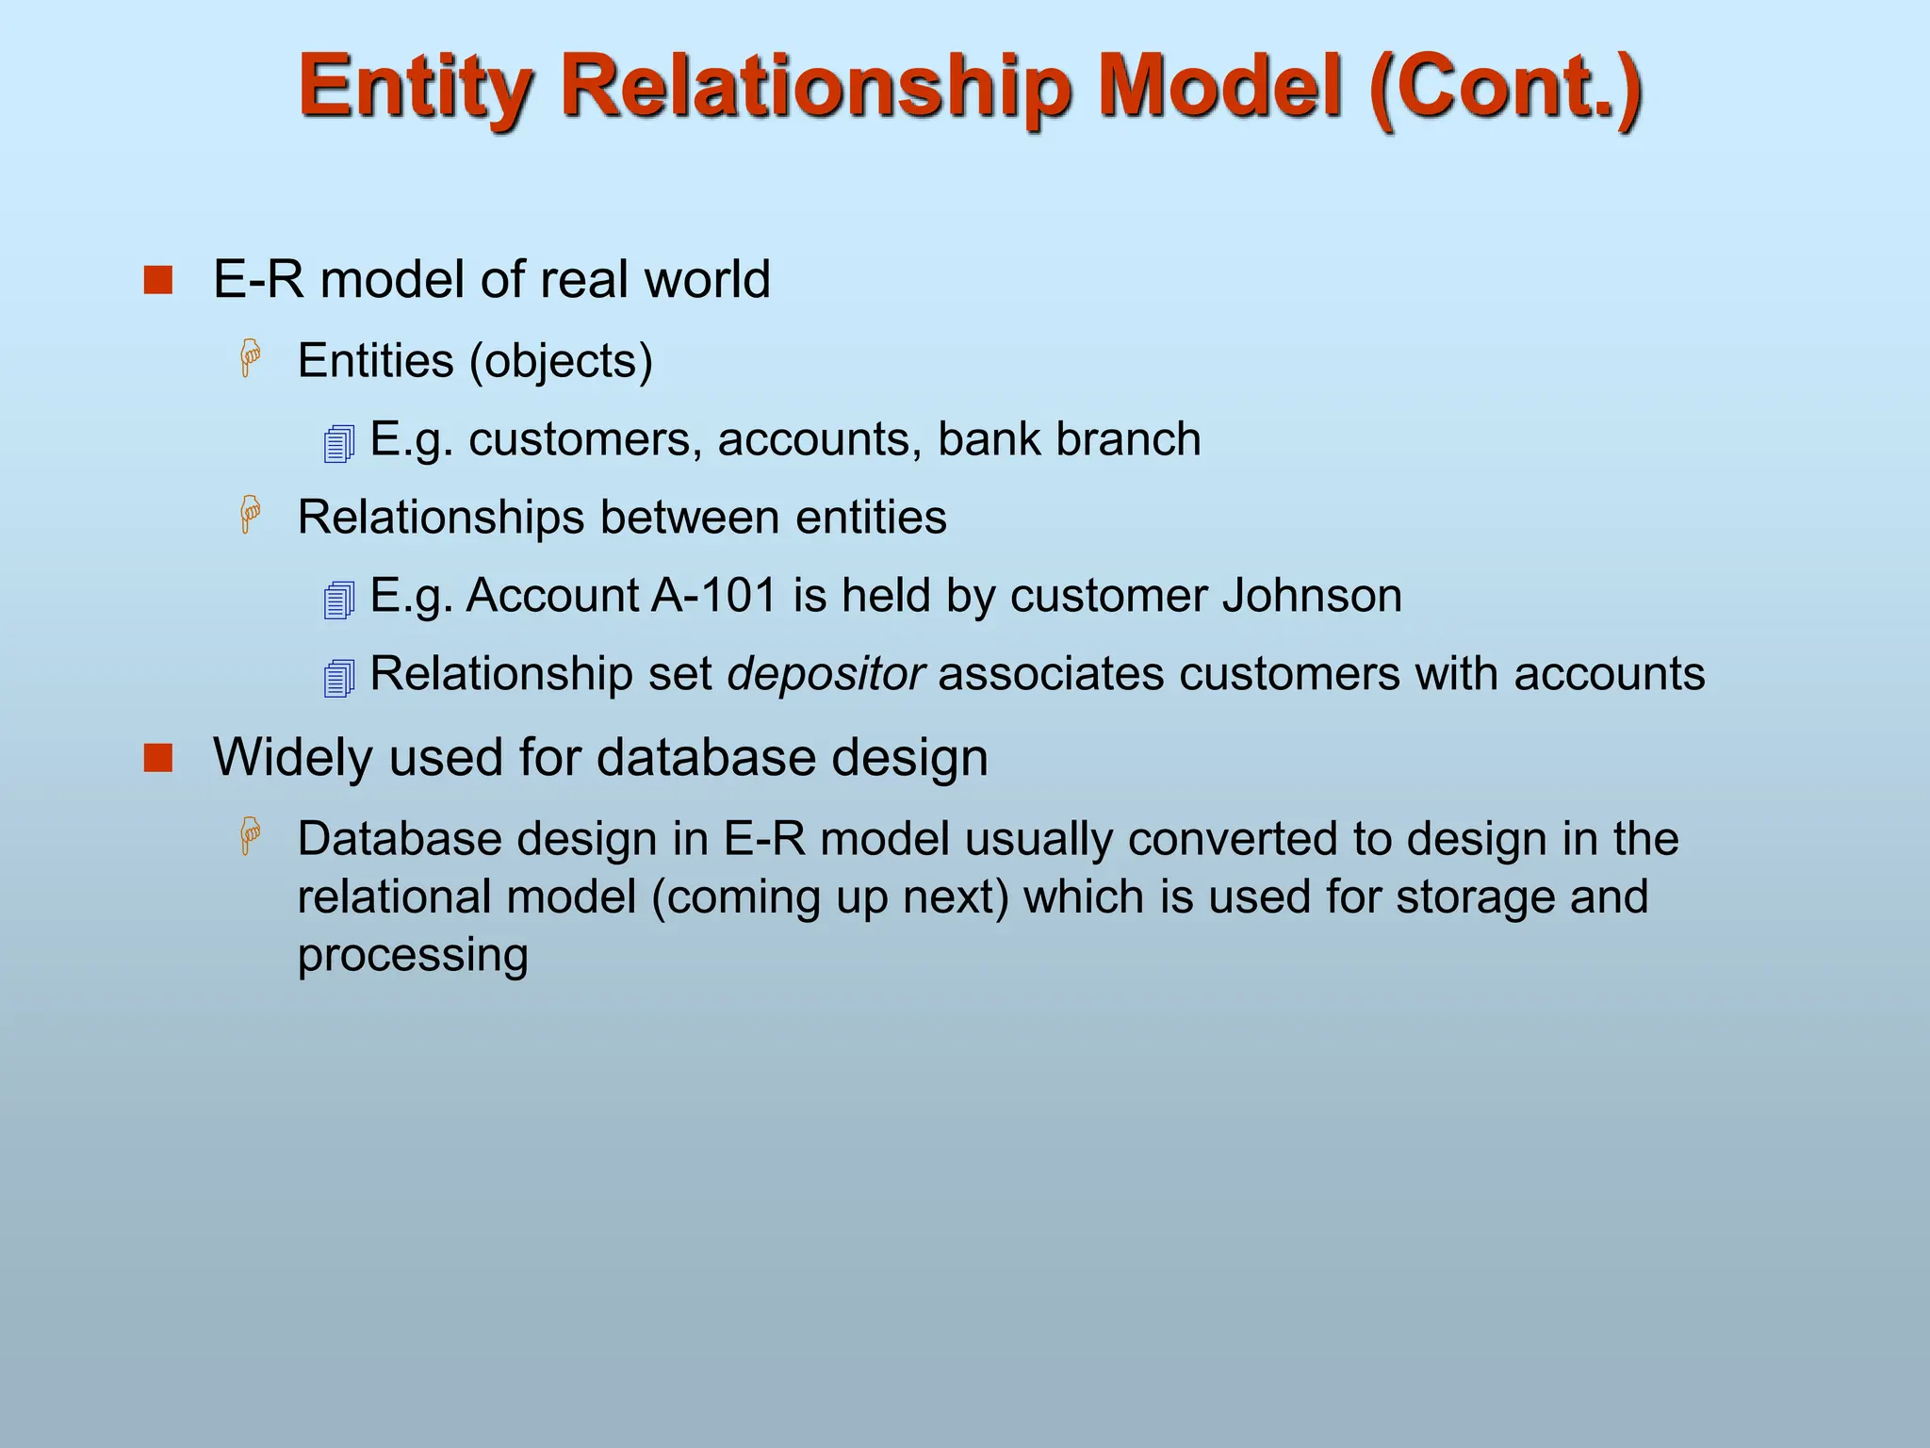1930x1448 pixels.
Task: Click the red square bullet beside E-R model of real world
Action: [158, 280]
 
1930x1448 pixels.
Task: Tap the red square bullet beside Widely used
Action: [158, 758]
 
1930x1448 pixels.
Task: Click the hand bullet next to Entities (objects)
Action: [251, 358]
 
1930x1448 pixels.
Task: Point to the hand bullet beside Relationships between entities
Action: [251, 515]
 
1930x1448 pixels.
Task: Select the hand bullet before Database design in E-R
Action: [251, 836]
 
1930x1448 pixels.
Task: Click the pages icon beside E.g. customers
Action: [339, 443]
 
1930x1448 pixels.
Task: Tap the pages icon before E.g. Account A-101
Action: [339, 600]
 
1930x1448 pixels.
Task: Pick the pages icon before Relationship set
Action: [339, 678]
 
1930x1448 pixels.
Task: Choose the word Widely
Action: [293, 758]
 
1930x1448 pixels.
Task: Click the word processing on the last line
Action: [413, 956]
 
